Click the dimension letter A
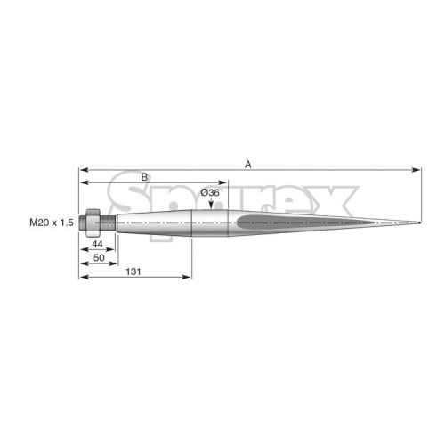click(x=248, y=164)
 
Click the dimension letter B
click(x=144, y=177)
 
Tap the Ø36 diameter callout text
click(x=210, y=193)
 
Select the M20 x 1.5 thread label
click(x=52, y=222)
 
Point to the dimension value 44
click(x=97, y=244)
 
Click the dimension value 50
click(x=99, y=257)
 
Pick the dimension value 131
click(x=133, y=271)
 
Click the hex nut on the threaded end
click(x=93, y=222)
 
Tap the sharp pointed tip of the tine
click(x=420, y=222)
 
